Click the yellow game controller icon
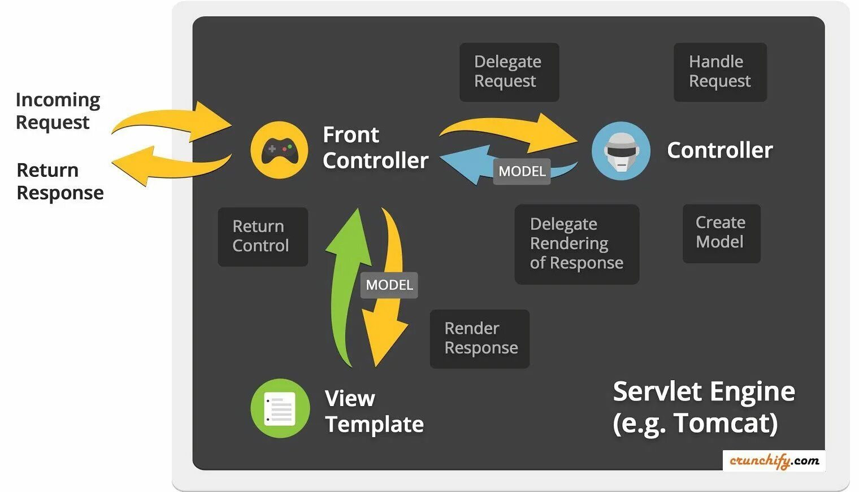point(279,150)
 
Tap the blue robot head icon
point(621,151)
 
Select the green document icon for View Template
point(280,408)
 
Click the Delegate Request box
point(509,72)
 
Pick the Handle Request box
point(719,72)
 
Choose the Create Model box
point(721,233)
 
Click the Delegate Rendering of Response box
point(576,243)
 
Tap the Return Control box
point(262,236)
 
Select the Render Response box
point(479,338)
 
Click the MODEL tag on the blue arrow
point(522,171)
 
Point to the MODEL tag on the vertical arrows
point(389,285)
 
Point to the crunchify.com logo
point(774,460)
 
